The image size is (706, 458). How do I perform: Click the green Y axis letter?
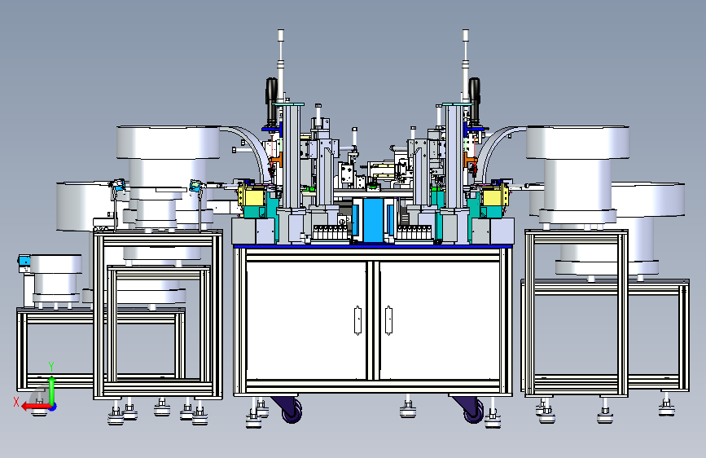(x=51, y=366)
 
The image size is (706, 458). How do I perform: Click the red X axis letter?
(x=16, y=402)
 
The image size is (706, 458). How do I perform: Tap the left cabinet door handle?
(x=358, y=320)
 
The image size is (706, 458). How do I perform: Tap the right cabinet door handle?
(x=388, y=320)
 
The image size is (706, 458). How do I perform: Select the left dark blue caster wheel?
(x=292, y=411)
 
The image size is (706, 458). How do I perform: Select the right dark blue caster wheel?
(x=473, y=411)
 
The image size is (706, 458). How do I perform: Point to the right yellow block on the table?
(x=494, y=196)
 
